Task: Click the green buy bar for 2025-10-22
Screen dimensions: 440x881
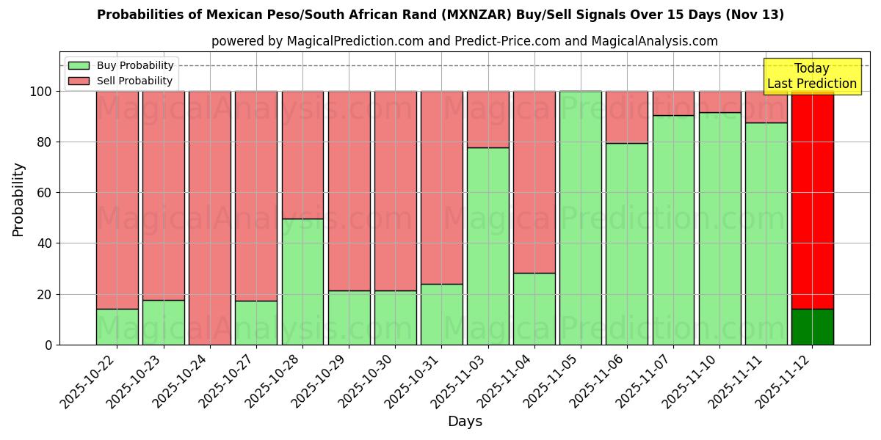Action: (117, 326)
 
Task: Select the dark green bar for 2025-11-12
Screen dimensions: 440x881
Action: (812, 326)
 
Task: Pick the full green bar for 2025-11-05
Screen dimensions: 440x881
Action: (581, 218)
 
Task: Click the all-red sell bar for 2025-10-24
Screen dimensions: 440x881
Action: (210, 218)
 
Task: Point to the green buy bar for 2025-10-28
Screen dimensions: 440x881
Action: (302, 282)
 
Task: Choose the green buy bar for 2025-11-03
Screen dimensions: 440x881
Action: (488, 246)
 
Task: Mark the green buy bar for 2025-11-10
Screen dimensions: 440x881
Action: (719, 228)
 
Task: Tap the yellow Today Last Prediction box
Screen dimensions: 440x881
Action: (812, 76)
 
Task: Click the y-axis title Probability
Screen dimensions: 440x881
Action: (19, 199)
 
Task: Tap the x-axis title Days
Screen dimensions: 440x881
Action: (465, 422)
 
